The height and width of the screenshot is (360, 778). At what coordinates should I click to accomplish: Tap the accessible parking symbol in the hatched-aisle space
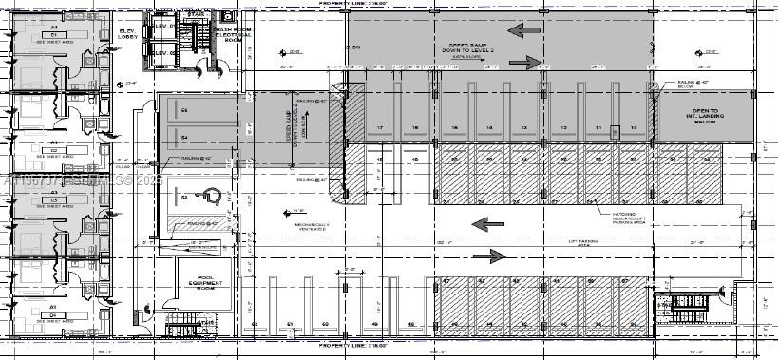[212, 197]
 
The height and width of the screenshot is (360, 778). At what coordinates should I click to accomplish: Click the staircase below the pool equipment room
[186, 326]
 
